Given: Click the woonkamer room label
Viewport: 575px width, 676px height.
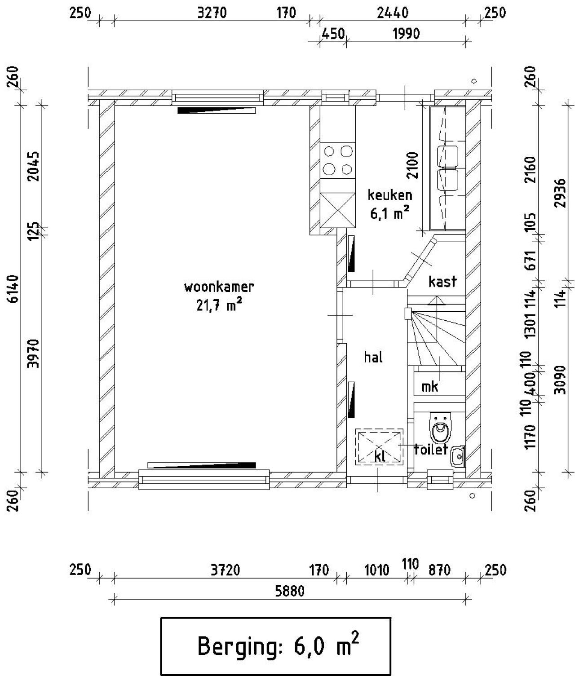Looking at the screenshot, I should [219, 287].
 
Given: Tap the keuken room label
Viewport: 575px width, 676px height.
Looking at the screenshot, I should [389, 195].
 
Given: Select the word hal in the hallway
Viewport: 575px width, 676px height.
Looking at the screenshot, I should [373, 358].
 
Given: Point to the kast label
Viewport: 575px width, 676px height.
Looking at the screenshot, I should [442, 282].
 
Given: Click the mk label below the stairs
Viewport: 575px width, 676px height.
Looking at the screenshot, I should [430, 386].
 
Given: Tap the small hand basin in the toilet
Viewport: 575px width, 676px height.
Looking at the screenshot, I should [458, 456].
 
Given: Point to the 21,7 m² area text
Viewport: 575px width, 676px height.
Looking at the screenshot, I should [219, 306].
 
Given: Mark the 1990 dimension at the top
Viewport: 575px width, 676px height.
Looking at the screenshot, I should [406, 34].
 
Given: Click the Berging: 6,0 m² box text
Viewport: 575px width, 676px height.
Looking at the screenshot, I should [278, 646].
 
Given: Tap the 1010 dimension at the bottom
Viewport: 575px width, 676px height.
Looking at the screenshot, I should [376, 570].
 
